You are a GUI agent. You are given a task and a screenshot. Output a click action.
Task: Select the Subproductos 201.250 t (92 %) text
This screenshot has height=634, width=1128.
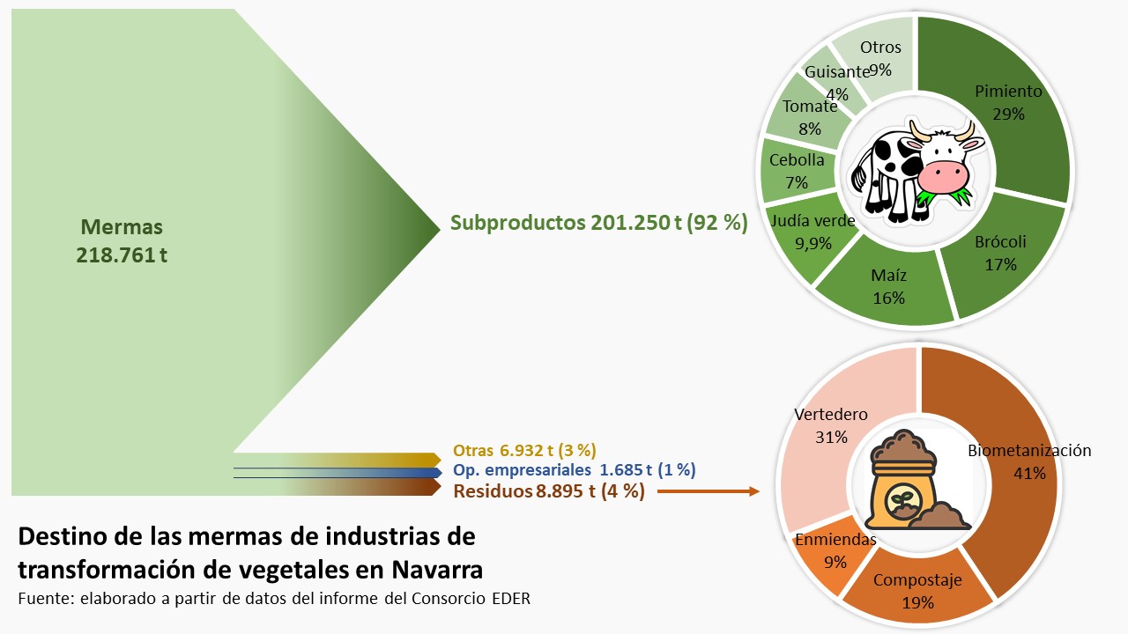(x=598, y=223)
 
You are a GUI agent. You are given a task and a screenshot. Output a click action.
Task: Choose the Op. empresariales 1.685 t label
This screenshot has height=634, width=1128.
(x=574, y=469)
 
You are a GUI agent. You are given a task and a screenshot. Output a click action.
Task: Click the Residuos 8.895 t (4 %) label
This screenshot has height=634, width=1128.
(x=548, y=491)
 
